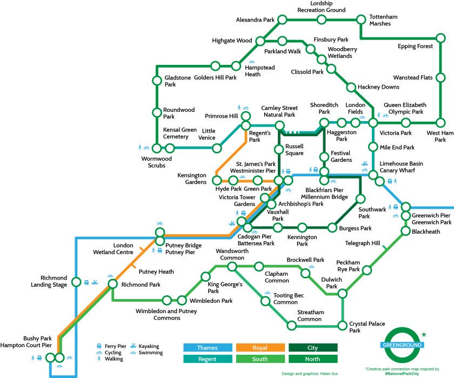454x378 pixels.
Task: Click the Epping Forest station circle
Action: [440, 38]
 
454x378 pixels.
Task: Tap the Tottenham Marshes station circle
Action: [361, 19]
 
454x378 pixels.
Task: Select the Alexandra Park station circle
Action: [282, 19]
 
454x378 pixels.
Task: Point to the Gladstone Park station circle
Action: [157, 81]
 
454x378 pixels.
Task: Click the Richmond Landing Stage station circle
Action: [76, 282]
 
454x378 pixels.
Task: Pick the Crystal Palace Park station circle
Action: [343, 326]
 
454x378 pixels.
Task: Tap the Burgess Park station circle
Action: [332, 228]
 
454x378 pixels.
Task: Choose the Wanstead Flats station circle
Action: [440, 78]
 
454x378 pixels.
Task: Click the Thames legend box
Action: [208, 348]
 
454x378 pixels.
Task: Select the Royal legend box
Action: [261, 348]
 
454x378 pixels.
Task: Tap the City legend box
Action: [313, 348]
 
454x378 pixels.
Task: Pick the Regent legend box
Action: [208, 359]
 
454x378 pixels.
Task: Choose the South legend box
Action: [261, 359]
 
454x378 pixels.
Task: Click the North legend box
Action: [313, 359]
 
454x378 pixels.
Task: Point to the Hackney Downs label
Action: [378, 87]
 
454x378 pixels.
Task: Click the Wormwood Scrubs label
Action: [157, 162]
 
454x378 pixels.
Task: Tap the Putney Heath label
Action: [156, 271]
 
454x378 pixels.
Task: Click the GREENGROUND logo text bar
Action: [402, 345]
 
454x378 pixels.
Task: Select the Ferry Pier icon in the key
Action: [99, 346]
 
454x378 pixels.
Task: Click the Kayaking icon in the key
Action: [133, 346]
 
